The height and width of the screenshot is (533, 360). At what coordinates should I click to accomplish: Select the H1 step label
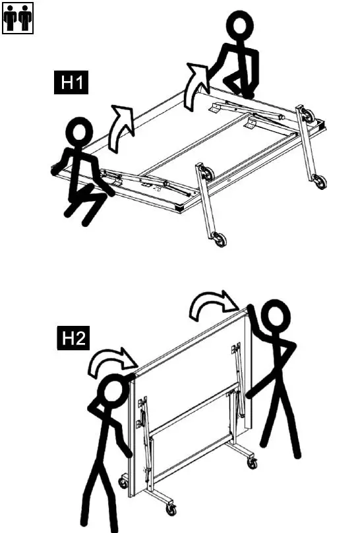pyautogui.click(x=71, y=84)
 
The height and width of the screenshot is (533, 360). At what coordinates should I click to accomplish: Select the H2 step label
pyautogui.click(x=71, y=340)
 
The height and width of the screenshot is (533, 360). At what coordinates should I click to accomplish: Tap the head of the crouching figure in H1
pyautogui.click(x=79, y=132)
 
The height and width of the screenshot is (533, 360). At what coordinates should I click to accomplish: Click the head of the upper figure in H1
pyautogui.click(x=239, y=27)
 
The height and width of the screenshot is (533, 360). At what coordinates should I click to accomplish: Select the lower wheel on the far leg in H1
pyautogui.click(x=320, y=181)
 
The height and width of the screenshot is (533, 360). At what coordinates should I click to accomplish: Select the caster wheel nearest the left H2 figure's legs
pyautogui.click(x=123, y=484)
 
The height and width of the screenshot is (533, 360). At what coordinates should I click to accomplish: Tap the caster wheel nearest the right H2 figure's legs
pyautogui.click(x=252, y=463)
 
